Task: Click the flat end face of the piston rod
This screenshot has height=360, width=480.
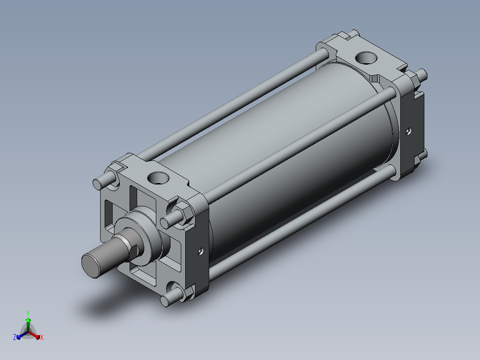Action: [x=91, y=266]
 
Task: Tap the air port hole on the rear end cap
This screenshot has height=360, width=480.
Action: [x=366, y=58]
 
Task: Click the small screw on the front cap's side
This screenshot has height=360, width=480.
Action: [x=201, y=252]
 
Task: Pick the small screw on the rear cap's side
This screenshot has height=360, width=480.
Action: [x=409, y=131]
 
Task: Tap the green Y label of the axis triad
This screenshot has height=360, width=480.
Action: [x=28, y=313]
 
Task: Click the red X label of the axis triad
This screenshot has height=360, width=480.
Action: [x=42, y=337]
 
